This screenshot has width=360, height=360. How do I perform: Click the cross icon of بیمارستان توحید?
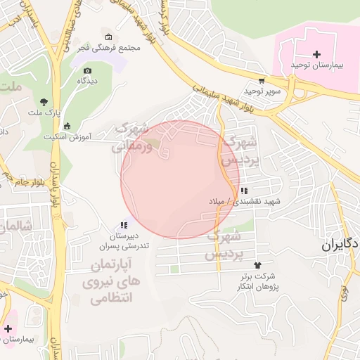(x=316, y=54)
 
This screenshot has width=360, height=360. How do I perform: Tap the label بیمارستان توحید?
(x=316, y=65)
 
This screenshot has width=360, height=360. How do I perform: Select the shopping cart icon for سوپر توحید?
(x=262, y=81)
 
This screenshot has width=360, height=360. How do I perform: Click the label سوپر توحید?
(x=262, y=91)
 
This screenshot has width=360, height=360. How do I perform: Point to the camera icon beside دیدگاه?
(x=87, y=70)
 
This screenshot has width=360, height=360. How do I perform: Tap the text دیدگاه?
(x=87, y=81)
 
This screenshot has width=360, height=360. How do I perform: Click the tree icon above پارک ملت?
(x=44, y=102)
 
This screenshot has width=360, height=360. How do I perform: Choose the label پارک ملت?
(x=44, y=112)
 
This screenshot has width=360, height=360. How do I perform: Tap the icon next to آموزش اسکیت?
(x=67, y=126)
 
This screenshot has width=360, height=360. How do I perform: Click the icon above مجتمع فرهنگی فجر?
(x=107, y=37)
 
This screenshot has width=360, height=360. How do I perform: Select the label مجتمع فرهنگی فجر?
(x=107, y=48)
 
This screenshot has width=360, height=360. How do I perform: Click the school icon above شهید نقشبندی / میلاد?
(x=243, y=191)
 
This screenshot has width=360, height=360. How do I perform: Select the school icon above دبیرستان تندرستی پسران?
(x=124, y=225)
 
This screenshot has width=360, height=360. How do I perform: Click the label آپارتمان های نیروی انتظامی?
(x=112, y=281)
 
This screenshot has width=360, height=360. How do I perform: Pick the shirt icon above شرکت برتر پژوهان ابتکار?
(x=257, y=265)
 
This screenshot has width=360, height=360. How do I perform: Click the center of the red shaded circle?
(x=180, y=180)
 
